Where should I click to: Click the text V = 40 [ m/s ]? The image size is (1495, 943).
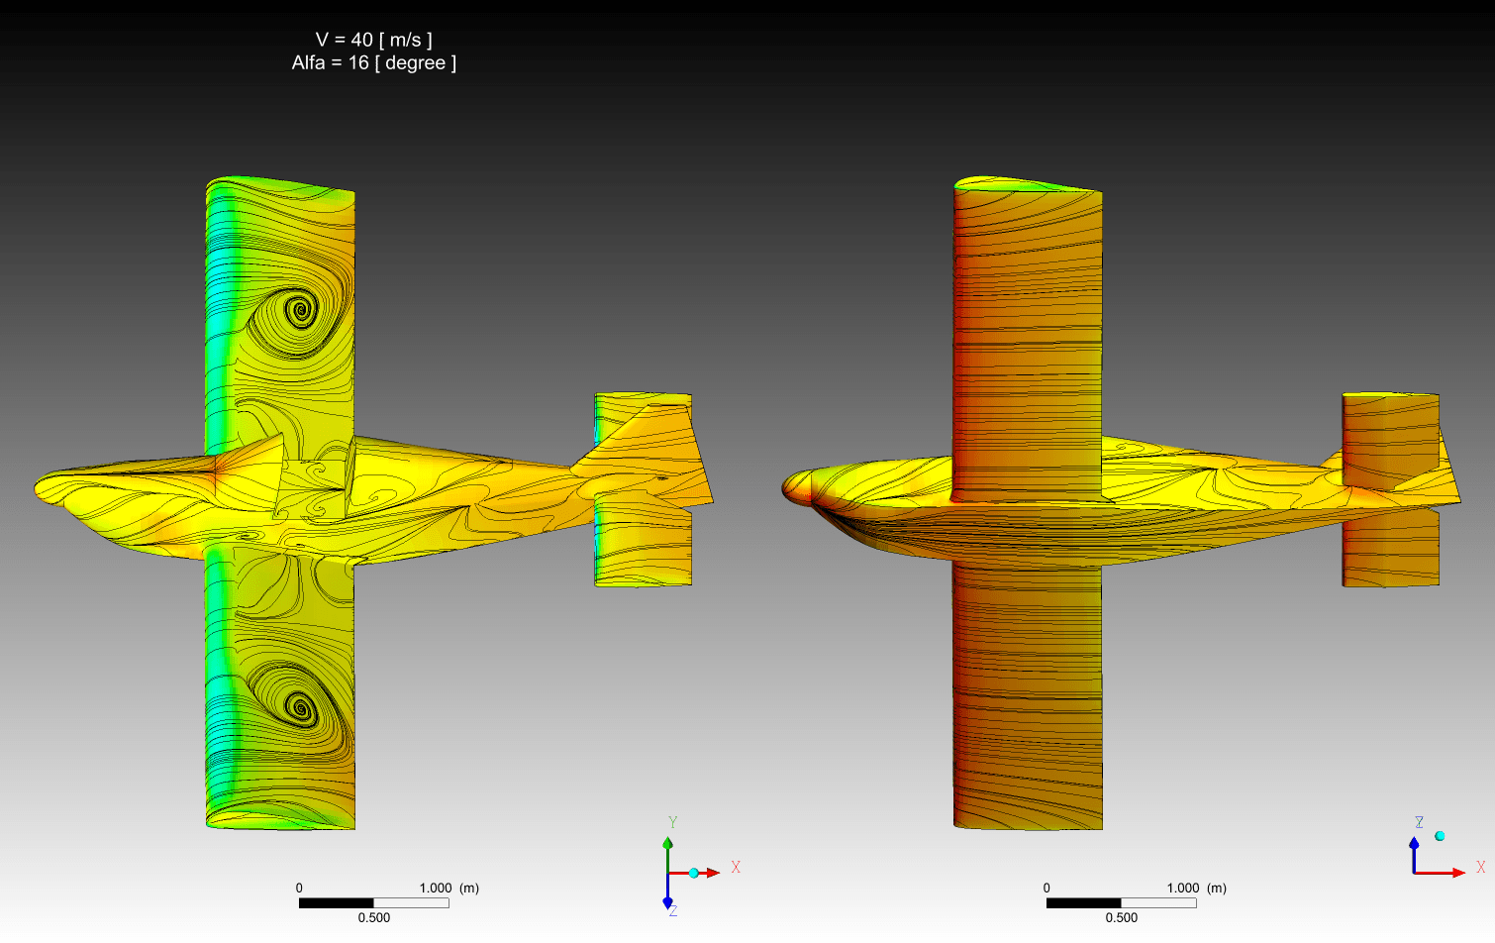point(374,40)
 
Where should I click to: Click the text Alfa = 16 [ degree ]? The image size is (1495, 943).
point(374,62)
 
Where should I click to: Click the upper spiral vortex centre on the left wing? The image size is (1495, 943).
point(300,309)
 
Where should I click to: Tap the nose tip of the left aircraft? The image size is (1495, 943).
point(36,488)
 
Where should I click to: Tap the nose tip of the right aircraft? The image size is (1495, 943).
point(783,488)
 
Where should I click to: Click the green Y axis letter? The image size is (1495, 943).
point(673,822)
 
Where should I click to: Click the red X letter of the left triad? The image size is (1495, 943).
point(736,867)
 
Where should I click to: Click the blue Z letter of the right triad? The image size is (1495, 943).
point(1419,822)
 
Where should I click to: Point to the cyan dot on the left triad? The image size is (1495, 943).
point(693,873)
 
